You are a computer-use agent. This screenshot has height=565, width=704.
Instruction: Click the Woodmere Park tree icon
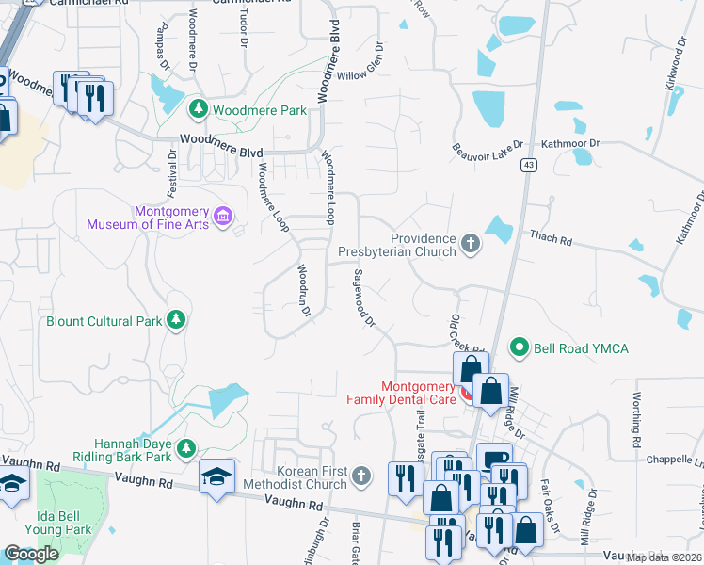[x=199, y=110]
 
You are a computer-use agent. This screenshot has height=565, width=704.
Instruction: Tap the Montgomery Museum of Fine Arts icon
[x=223, y=218]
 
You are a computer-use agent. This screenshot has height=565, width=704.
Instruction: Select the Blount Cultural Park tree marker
[x=175, y=320]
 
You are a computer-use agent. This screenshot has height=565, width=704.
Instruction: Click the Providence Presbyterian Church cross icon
[x=471, y=245]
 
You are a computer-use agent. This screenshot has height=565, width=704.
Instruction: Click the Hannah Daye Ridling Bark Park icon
[x=187, y=445]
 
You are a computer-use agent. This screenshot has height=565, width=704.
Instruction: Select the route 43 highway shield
[x=531, y=165]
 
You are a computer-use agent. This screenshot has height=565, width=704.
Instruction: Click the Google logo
[x=31, y=554]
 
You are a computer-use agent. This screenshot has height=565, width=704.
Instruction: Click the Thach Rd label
[x=551, y=241]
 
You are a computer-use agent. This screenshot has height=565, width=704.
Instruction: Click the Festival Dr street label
[x=172, y=175]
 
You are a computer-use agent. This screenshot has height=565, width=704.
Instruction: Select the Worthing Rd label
[x=637, y=420]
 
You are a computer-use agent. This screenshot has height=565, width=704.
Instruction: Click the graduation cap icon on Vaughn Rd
[x=217, y=475]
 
